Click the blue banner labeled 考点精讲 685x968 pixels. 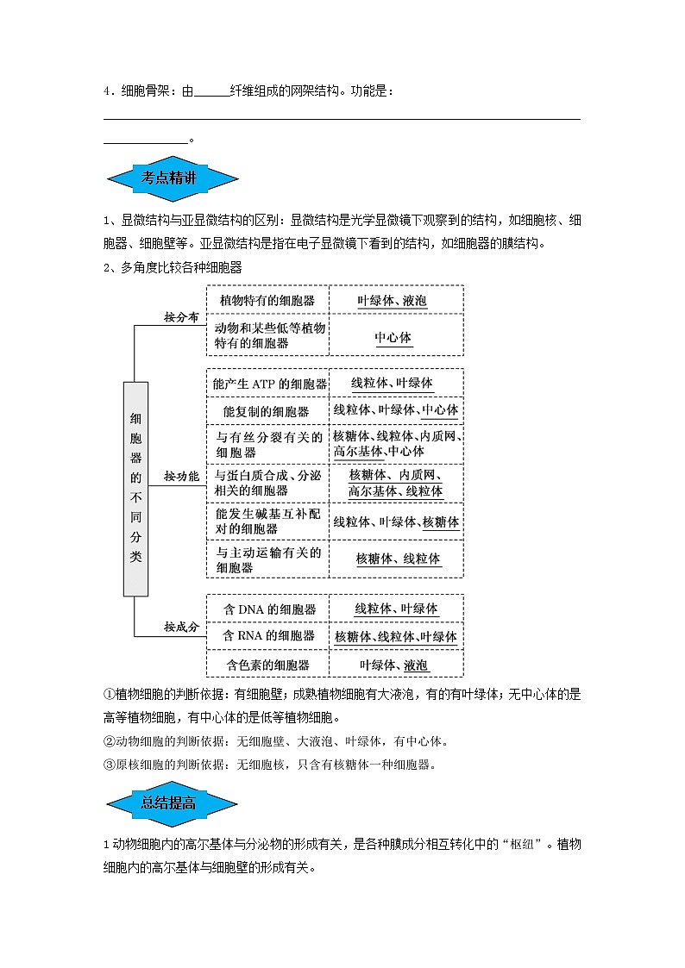(x=171, y=179)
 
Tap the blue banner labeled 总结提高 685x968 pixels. (x=171, y=803)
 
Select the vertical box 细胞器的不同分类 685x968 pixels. (x=135, y=488)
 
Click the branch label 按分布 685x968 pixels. (x=181, y=318)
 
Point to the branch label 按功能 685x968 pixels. (x=181, y=476)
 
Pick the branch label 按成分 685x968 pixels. (x=181, y=627)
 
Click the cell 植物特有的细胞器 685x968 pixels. (x=267, y=301)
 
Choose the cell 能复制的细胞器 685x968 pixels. (x=267, y=411)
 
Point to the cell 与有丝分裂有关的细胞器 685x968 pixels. (x=267, y=444)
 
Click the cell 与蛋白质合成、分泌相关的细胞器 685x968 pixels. (x=267, y=483)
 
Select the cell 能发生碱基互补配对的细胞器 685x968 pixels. (x=267, y=521)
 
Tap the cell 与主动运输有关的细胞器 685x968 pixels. (x=267, y=559)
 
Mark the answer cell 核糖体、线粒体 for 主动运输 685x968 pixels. (x=398, y=559)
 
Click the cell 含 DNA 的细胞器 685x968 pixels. (x=267, y=609)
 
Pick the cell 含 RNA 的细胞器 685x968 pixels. (x=267, y=636)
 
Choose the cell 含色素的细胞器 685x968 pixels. (x=267, y=665)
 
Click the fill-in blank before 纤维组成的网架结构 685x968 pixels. (x=212, y=93)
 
